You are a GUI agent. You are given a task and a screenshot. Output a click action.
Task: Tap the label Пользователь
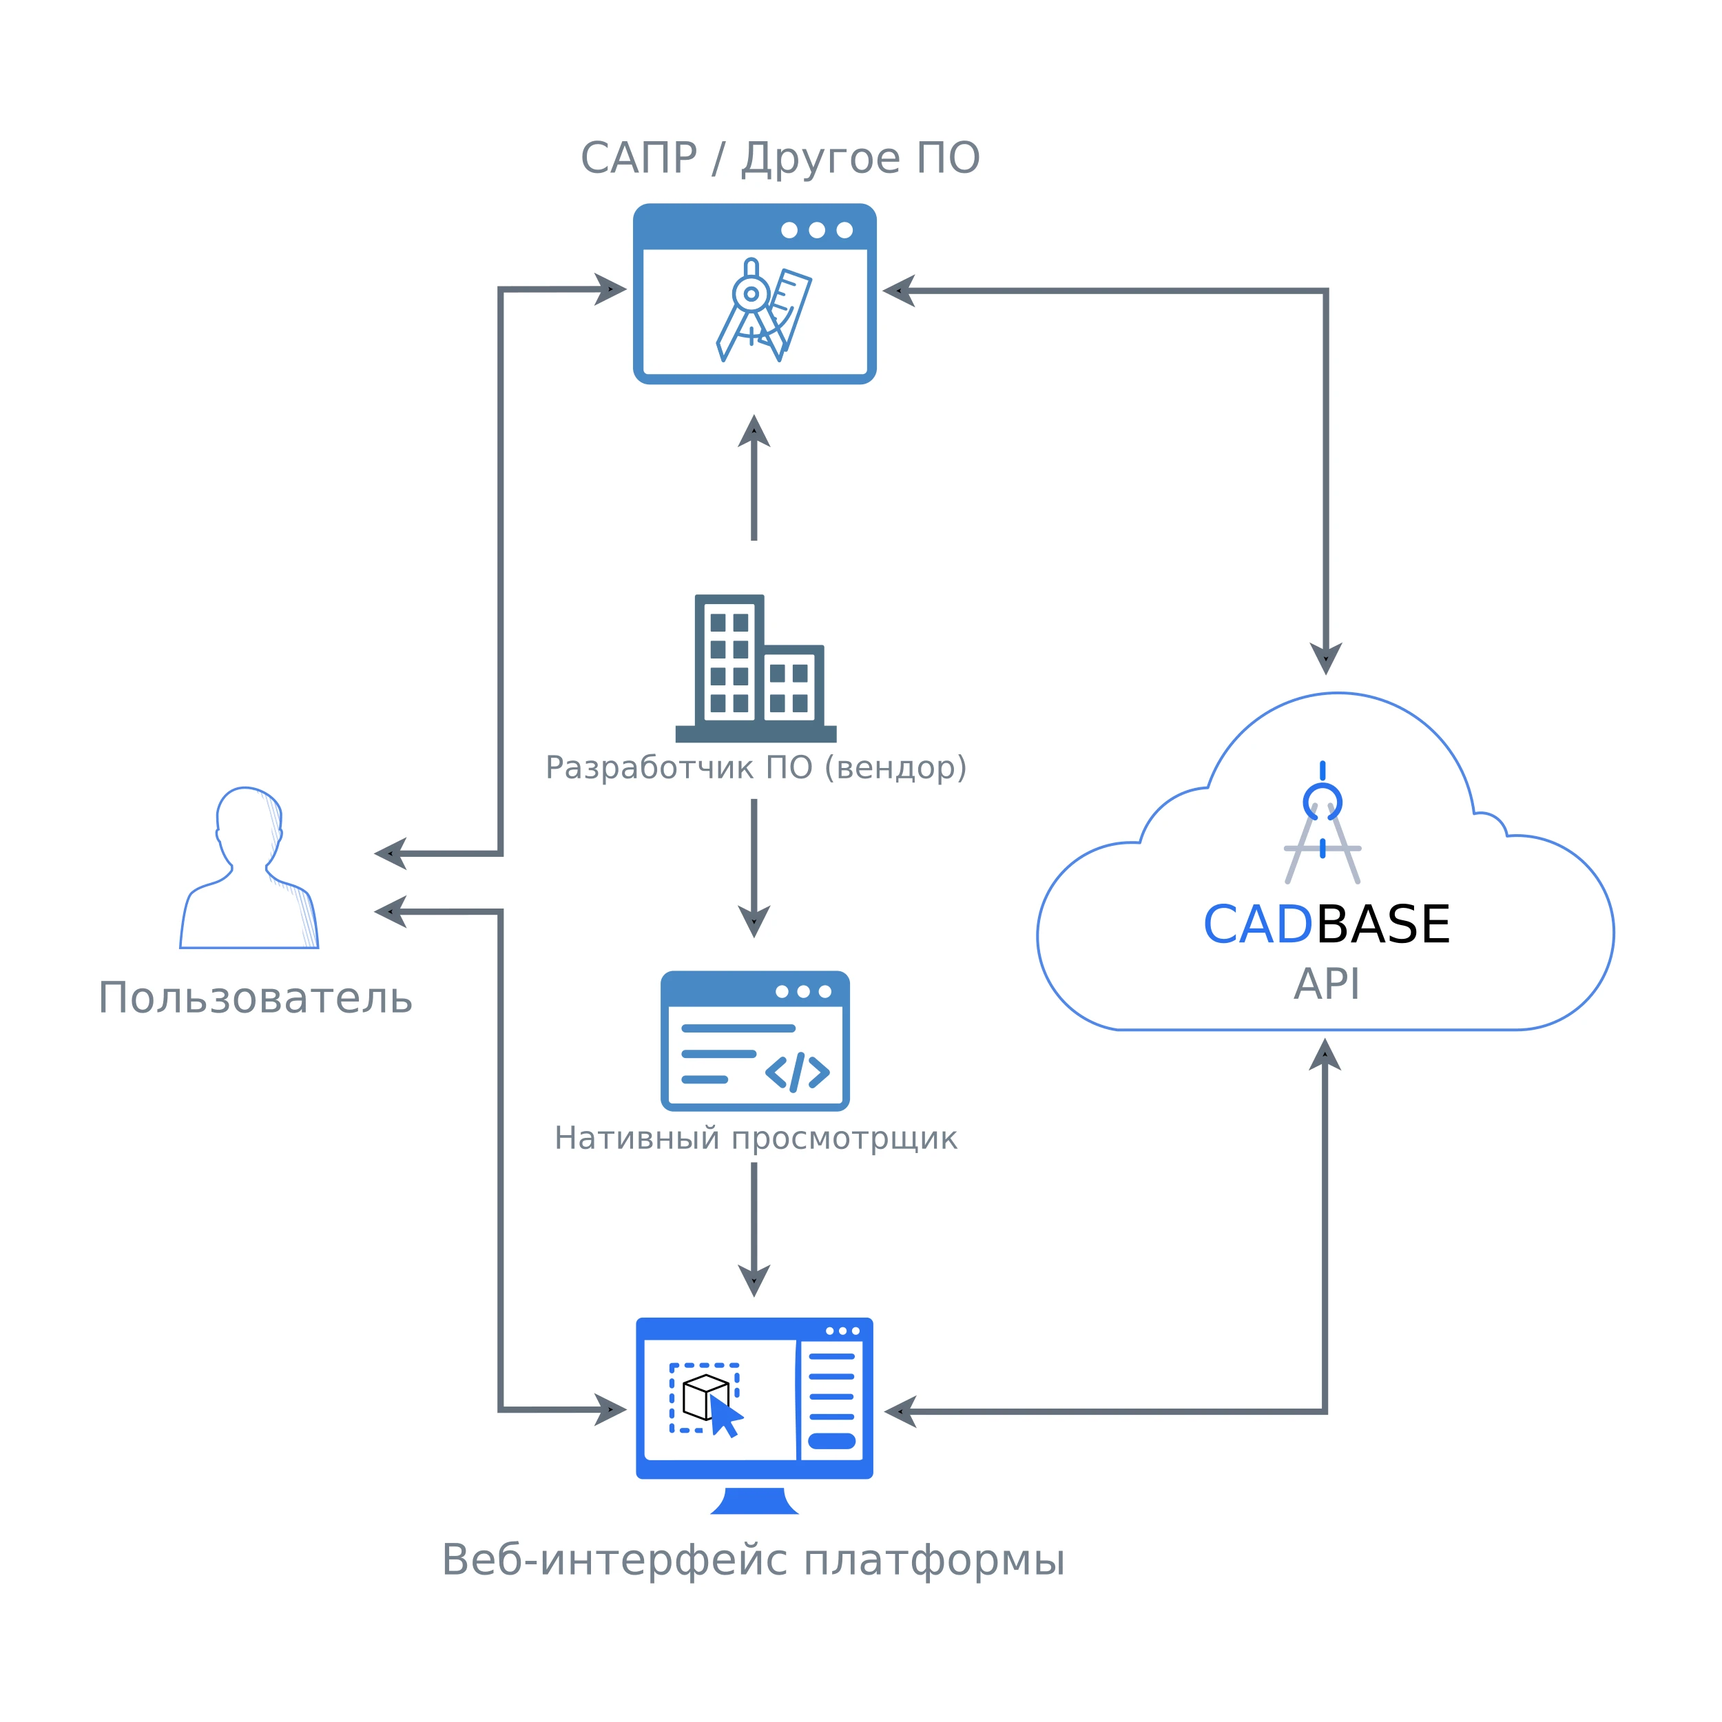pyautogui.click(x=255, y=998)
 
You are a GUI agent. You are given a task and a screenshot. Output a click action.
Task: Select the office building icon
pyautogui.click(x=756, y=667)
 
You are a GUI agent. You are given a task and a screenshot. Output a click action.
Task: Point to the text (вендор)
pyautogui.click(x=895, y=767)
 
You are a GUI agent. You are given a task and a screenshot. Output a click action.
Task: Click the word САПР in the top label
pyautogui.click(x=639, y=158)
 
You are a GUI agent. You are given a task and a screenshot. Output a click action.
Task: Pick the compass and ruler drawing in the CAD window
pyautogui.click(x=764, y=310)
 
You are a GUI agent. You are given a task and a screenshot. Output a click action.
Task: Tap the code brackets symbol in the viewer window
pyautogui.click(x=797, y=1072)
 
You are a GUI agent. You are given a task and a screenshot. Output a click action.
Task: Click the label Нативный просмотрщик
pyautogui.click(x=756, y=1138)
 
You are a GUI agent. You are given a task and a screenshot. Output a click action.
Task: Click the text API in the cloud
pyautogui.click(x=1326, y=985)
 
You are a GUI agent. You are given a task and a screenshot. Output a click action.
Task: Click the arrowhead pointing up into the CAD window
pyautogui.click(x=754, y=430)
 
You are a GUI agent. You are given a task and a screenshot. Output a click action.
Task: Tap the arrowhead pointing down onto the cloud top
pyautogui.click(x=1325, y=658)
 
